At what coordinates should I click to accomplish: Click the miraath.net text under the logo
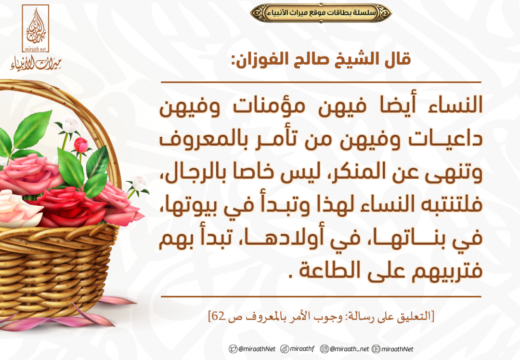tap(36, 50)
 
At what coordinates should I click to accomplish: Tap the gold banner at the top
tap(321, 13)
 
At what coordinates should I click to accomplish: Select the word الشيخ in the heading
tap(351, 59)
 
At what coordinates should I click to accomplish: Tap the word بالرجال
tap(187, 172)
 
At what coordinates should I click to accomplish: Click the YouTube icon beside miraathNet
tap(376, 349)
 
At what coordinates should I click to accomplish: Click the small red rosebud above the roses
tap(80, 146)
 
